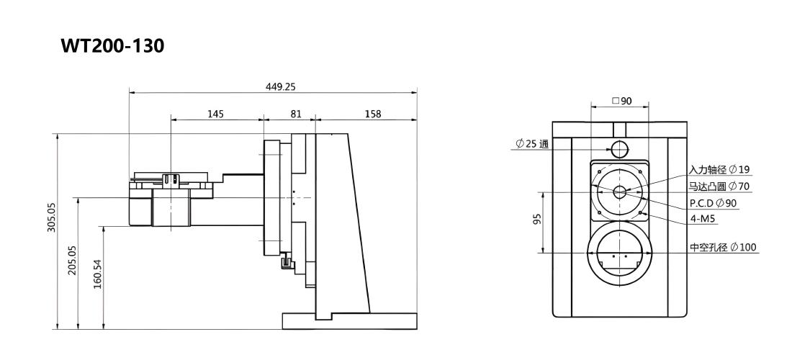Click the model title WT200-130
(x=112, y=46)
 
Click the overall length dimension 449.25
(x=280, y=86)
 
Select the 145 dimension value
(x=216, y=114)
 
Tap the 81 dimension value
(x=295, y=114)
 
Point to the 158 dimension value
(x=373, y=114)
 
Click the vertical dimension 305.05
(x=52, y=217)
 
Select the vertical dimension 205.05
(x=72, y=260)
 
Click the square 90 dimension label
(x=622, y=101)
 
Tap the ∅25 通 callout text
(x=532, y=144)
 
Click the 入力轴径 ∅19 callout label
(x=720, y=170)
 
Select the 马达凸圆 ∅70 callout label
(x=720, y=186)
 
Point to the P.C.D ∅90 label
(x=714, y=203)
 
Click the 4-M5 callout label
(x=703, y=219)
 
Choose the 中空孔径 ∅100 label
(x=724, y=248)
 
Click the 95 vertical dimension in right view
(x=536, y=219)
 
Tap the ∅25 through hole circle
(x=619, y=148)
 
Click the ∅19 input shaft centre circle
(x=620, y=192)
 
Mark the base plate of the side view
(x=349, y=321)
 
